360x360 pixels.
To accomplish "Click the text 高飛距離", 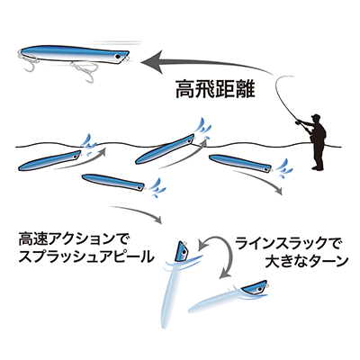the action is (215, 89).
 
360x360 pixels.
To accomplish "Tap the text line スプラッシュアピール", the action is (86, 257).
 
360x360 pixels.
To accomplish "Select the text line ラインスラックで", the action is (289, 244).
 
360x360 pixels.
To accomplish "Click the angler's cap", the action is (315, 116).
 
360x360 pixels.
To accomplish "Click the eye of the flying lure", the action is (118, 56).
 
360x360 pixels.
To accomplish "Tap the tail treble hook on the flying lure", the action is (29, 61).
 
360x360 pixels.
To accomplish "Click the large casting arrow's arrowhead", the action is (152, 62).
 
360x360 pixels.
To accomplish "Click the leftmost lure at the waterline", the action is (49, 160).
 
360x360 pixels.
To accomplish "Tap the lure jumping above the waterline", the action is (165, 148).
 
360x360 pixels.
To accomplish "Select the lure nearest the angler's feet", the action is (240, 163).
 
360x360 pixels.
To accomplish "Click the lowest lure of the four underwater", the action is (113, 182).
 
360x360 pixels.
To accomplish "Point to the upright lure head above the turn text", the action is (182, 250).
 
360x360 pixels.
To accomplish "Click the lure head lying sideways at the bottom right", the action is (254, 288).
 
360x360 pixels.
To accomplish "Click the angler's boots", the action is (319, 167).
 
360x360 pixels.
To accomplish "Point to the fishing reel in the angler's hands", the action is (299, 122).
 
